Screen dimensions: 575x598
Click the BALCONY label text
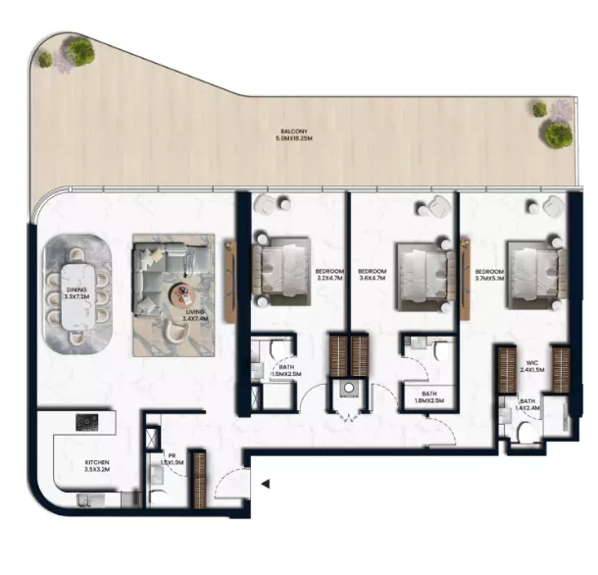coord(293,134)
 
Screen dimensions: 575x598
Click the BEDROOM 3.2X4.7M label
coord(328,276)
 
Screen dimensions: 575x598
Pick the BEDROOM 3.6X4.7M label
coord(373,276)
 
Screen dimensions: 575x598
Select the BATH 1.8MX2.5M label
coord(428,396)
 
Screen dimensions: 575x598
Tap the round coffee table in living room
coord(181,291)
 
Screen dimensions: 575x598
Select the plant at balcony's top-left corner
coord(80,50)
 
